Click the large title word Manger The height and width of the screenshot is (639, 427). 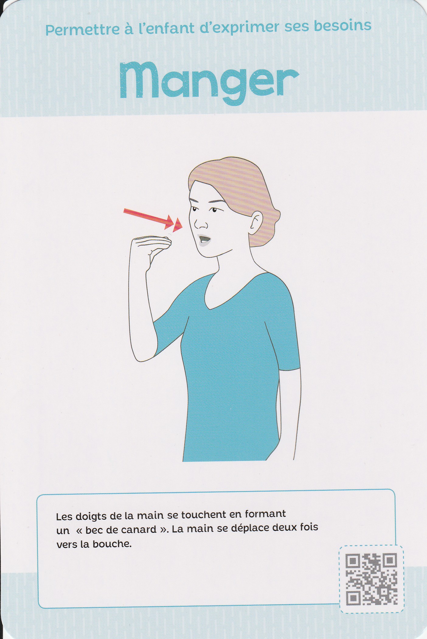(210, 82)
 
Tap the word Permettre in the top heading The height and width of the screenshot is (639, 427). (82, 29)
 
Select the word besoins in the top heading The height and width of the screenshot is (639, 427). (343, 26)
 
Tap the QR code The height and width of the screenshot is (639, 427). (372, 579)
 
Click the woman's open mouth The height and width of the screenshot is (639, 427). (204, 239)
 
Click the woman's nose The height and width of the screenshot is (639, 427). (200, 224)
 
